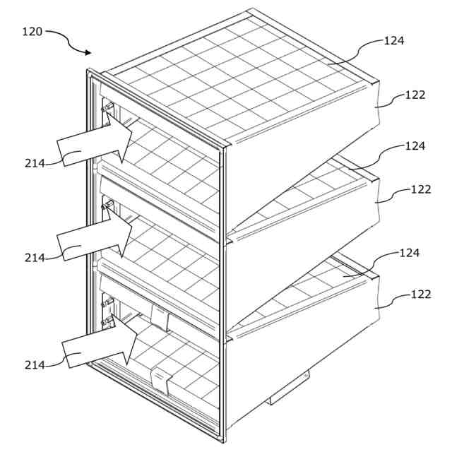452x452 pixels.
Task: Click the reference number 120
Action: pyautogui.click(x=32, y=32)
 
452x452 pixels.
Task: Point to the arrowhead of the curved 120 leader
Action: pyautogui.click(x=88, y=52)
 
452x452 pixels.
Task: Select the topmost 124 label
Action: pyautogui.click(x=394, y=40)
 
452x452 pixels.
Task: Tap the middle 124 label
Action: pyautogui.click(x=415, y=146)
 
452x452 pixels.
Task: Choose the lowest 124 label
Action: pyautogui.click(x=410, y=253)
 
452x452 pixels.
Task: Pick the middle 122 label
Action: pyautogui.click(x=421, y=189)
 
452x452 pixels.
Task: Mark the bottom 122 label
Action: pyautogui.click(x=421, y=295)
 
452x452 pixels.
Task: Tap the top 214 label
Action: pyautogui.click(x=35, y=163)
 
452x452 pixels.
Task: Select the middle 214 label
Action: pyautogui.click(x=35, y=258)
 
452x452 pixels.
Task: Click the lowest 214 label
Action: pyautogui.click(x=35, y=364)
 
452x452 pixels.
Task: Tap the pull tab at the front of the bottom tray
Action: pyautogui.click(x=162, y=381)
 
